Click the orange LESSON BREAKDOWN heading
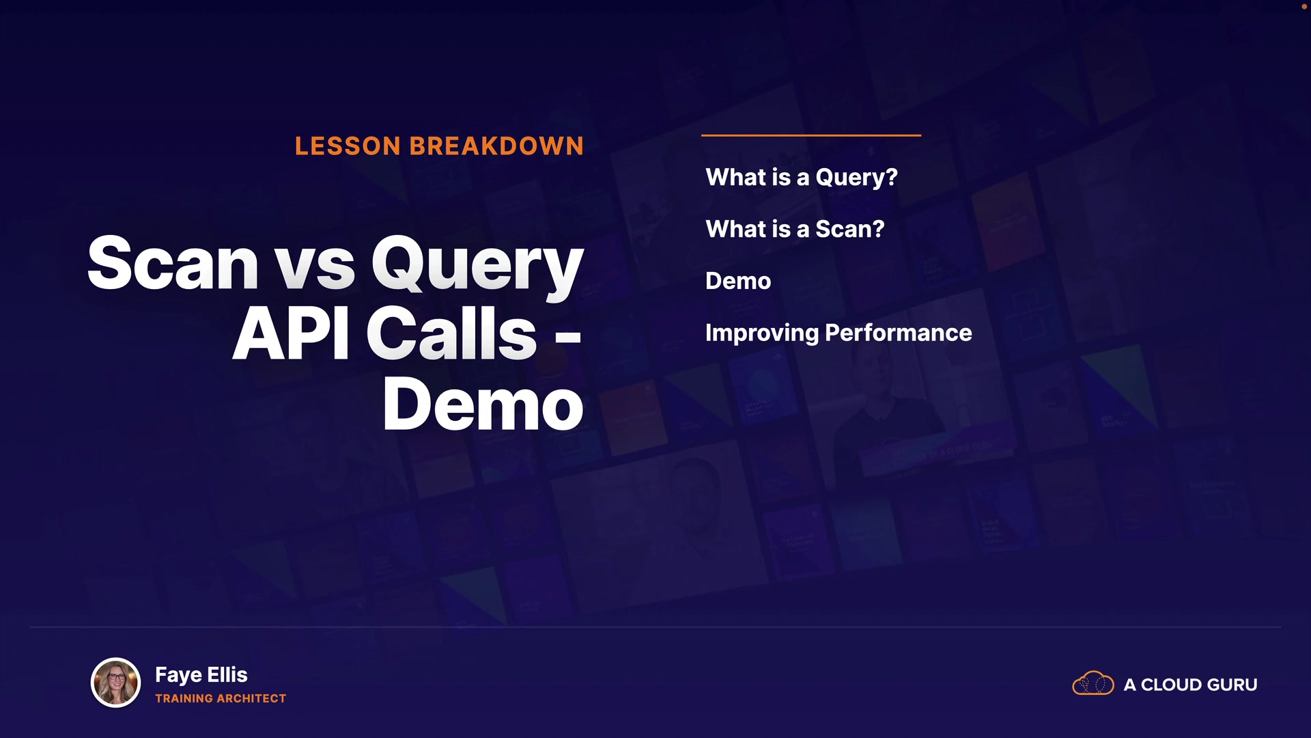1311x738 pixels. tap(439, 146)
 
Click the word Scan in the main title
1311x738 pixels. tap(173, 263)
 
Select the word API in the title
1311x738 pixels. tap(292, 333)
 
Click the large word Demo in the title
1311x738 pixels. tap(483, 404)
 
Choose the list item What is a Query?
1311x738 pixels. tap(802, 178)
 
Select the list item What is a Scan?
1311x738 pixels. tap(795, 229)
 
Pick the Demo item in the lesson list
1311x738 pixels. tap(738, 281)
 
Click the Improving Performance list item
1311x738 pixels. tap(838, 333)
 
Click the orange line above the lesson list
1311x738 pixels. tap(811, 135)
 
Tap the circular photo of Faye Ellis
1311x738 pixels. tap(116, 683)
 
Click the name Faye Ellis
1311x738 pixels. tap(201, 674)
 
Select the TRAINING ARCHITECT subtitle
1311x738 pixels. tap(221, 698)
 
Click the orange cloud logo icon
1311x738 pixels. tap(1093, 683)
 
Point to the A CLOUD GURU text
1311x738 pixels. tap(1190, 685)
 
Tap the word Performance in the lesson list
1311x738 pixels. tap(899, 333)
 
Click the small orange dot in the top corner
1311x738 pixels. tap(1304, 6)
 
